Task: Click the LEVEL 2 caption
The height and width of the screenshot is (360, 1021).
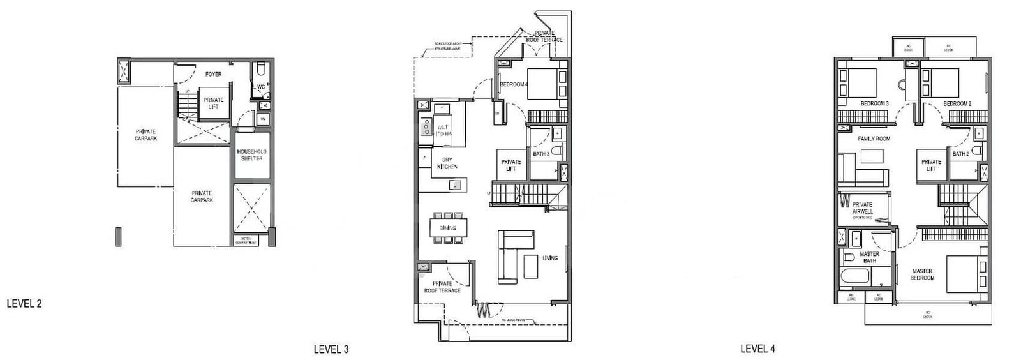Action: coord(24,304)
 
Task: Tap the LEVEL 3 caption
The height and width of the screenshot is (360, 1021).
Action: coord(331,349)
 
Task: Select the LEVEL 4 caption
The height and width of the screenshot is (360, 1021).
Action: coord(758,349)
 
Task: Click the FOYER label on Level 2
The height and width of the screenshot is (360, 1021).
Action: coord(213,75)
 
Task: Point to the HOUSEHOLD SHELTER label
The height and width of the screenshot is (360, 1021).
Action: coord(251,155)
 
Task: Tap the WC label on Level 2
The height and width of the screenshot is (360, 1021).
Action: coord(261,87)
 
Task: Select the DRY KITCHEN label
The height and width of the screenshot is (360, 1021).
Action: coord(447,163)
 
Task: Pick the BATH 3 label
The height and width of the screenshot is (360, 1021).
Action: coord(541,154)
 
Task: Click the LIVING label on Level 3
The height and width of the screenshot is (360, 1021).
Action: coord(550,259)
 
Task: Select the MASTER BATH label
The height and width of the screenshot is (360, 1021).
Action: coord(869,257)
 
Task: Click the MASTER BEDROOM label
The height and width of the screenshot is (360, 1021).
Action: coord(923,274)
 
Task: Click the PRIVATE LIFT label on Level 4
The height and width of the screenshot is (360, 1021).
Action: coord(931,165)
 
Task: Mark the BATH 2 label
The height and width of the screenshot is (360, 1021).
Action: coord(962,154)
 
